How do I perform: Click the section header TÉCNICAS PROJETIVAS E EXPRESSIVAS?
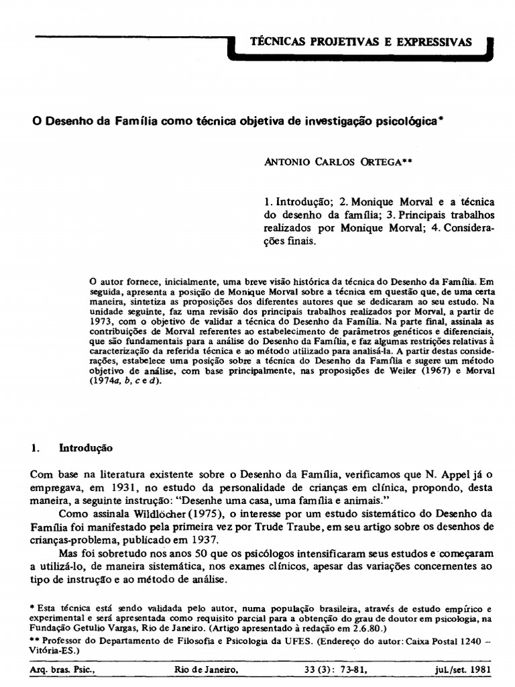click(x=361, y=42)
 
